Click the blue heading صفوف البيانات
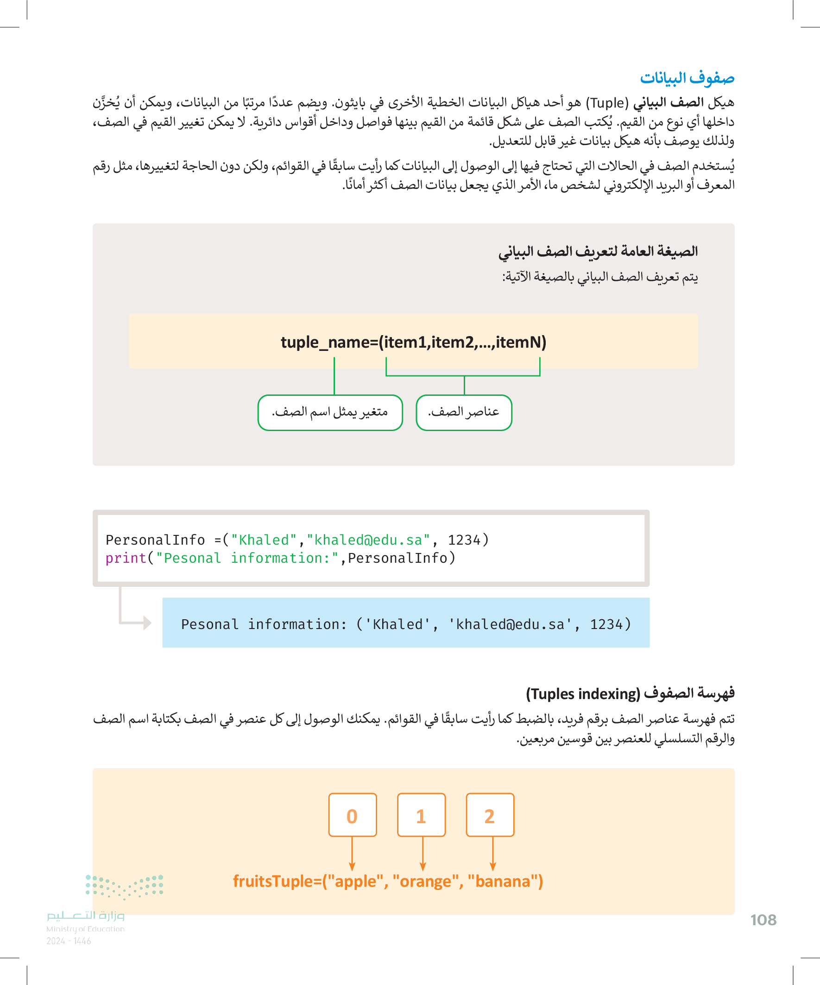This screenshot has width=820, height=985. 687,78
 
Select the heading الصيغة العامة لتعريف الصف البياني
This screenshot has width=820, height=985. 598,251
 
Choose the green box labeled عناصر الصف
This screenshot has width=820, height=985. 464,412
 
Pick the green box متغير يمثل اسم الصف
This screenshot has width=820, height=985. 330,412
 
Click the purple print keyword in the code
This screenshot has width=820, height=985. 126,558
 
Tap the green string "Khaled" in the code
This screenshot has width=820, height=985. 264,540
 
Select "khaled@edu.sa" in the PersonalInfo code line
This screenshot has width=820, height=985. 368,540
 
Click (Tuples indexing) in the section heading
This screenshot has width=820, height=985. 583,694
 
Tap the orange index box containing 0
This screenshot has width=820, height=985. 353,815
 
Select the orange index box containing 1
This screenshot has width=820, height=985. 421,815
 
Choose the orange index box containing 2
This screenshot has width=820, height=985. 490,815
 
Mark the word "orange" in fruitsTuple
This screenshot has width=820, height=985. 425,881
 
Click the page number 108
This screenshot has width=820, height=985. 763,920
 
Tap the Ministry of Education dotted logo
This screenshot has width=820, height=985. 125,886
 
